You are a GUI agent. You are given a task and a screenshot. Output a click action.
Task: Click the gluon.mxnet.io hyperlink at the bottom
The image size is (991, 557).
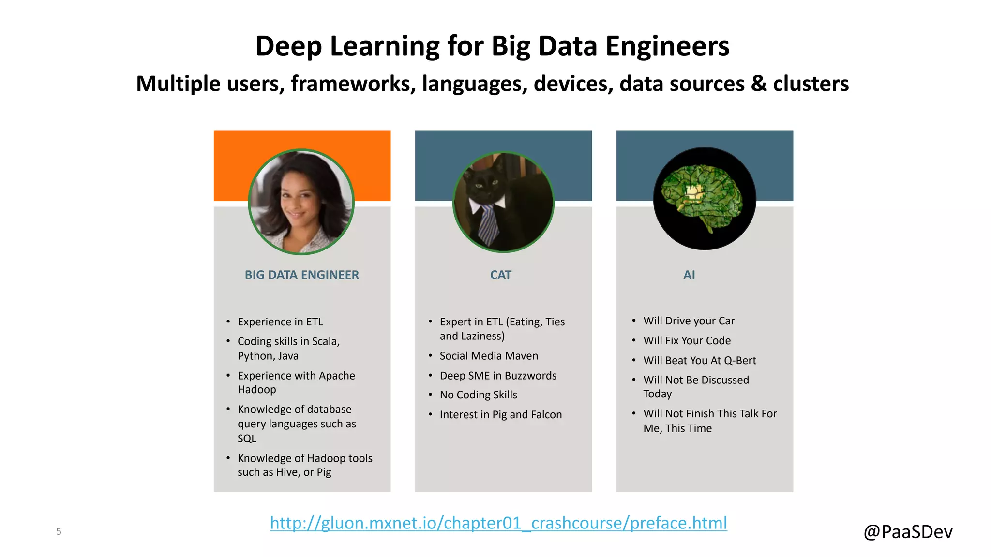pos(498,523)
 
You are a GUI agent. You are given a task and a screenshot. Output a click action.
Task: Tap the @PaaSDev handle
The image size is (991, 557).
pos(908,532)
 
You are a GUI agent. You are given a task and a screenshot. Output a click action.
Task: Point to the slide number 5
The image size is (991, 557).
pos(59,531)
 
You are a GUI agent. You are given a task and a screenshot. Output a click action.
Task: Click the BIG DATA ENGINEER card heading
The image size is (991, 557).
pos(301,275)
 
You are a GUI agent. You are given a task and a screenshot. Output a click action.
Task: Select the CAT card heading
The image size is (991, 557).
pos(500,275)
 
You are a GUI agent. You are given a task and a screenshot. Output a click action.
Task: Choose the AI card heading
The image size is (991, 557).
pos(689,275)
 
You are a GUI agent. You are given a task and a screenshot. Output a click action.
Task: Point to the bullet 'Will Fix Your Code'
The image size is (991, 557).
pos(687,341)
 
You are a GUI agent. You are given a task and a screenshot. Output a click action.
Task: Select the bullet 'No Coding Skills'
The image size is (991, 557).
pos(478,395)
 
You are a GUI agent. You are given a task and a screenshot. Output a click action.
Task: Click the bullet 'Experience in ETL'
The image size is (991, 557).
pos(280,322)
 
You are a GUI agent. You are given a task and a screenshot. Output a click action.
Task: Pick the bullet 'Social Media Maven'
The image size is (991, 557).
pos(489,356)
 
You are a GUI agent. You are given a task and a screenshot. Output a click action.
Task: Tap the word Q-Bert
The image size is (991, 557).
pos(740,361)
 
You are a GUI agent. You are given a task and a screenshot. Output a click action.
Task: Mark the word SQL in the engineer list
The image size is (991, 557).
pos(247,439)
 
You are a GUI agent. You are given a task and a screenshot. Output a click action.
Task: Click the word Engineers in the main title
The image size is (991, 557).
pos(667,46)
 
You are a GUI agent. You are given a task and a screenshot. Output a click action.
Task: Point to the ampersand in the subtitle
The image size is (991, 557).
pos(759,84)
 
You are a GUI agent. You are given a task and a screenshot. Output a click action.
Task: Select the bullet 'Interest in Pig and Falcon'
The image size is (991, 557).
pos(500,415)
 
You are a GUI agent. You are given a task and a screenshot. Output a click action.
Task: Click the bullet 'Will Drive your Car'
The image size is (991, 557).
pos(689,321)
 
